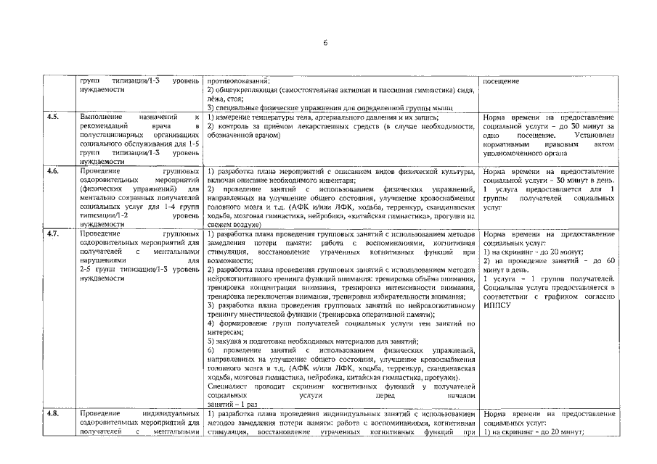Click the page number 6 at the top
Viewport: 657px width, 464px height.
(325, 43)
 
